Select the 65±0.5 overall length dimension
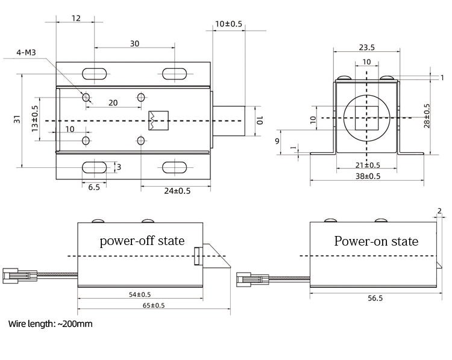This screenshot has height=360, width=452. click(x=154, y=305)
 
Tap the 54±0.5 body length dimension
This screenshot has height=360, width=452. click(x=140, y=294)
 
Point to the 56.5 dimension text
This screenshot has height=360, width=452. click(x=374, y=298)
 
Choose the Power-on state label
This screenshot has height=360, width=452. click(x=376, y=241)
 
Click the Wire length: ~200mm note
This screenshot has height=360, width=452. click(x=51, y=324)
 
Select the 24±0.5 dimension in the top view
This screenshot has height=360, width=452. click(x=177, y=191)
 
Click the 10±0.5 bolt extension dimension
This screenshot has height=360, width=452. click(x=228, y=24)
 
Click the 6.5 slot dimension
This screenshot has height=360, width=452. click(x=93, y=187)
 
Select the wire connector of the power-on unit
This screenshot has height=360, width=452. click(x=249, y=279)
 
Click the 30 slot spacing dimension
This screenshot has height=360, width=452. click(x=134, y=43)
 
